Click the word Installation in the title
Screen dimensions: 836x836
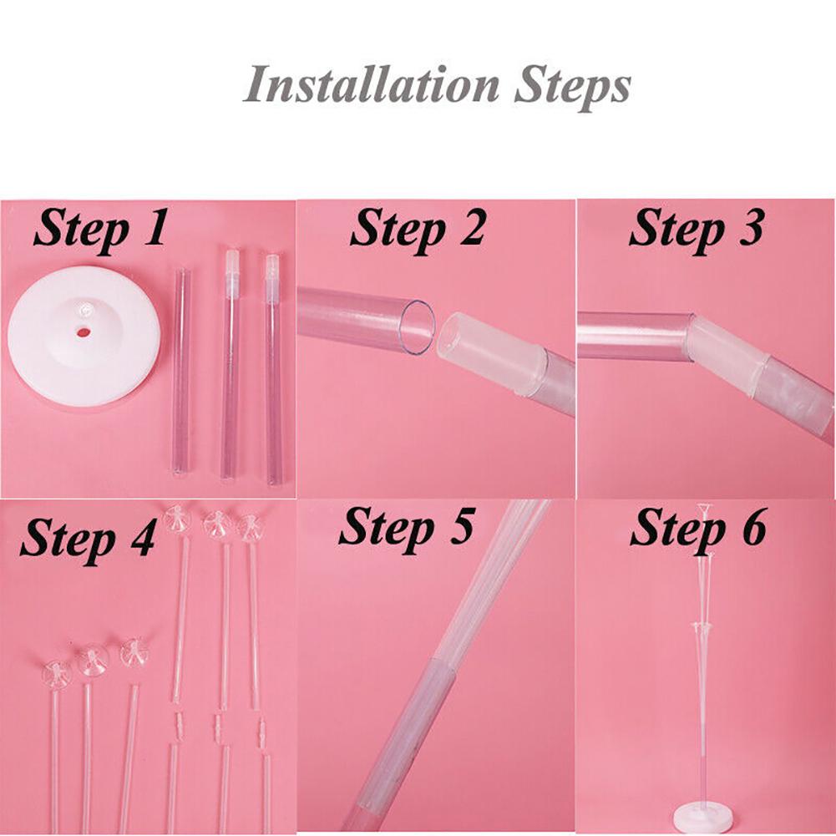point(371,85)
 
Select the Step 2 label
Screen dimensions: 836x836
point(418,230)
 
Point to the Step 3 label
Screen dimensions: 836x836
point(697,230)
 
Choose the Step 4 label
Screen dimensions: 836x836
point(88,538)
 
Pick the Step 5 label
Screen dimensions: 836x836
point(406,528)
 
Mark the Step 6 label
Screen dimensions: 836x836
point(698,529)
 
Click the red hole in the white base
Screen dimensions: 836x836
point(84,332)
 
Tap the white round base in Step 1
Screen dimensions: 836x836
point(84,336)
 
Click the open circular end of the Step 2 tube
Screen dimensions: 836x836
point(418,327)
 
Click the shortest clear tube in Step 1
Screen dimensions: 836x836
point(181,372)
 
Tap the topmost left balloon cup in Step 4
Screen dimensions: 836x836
point(178,519)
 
